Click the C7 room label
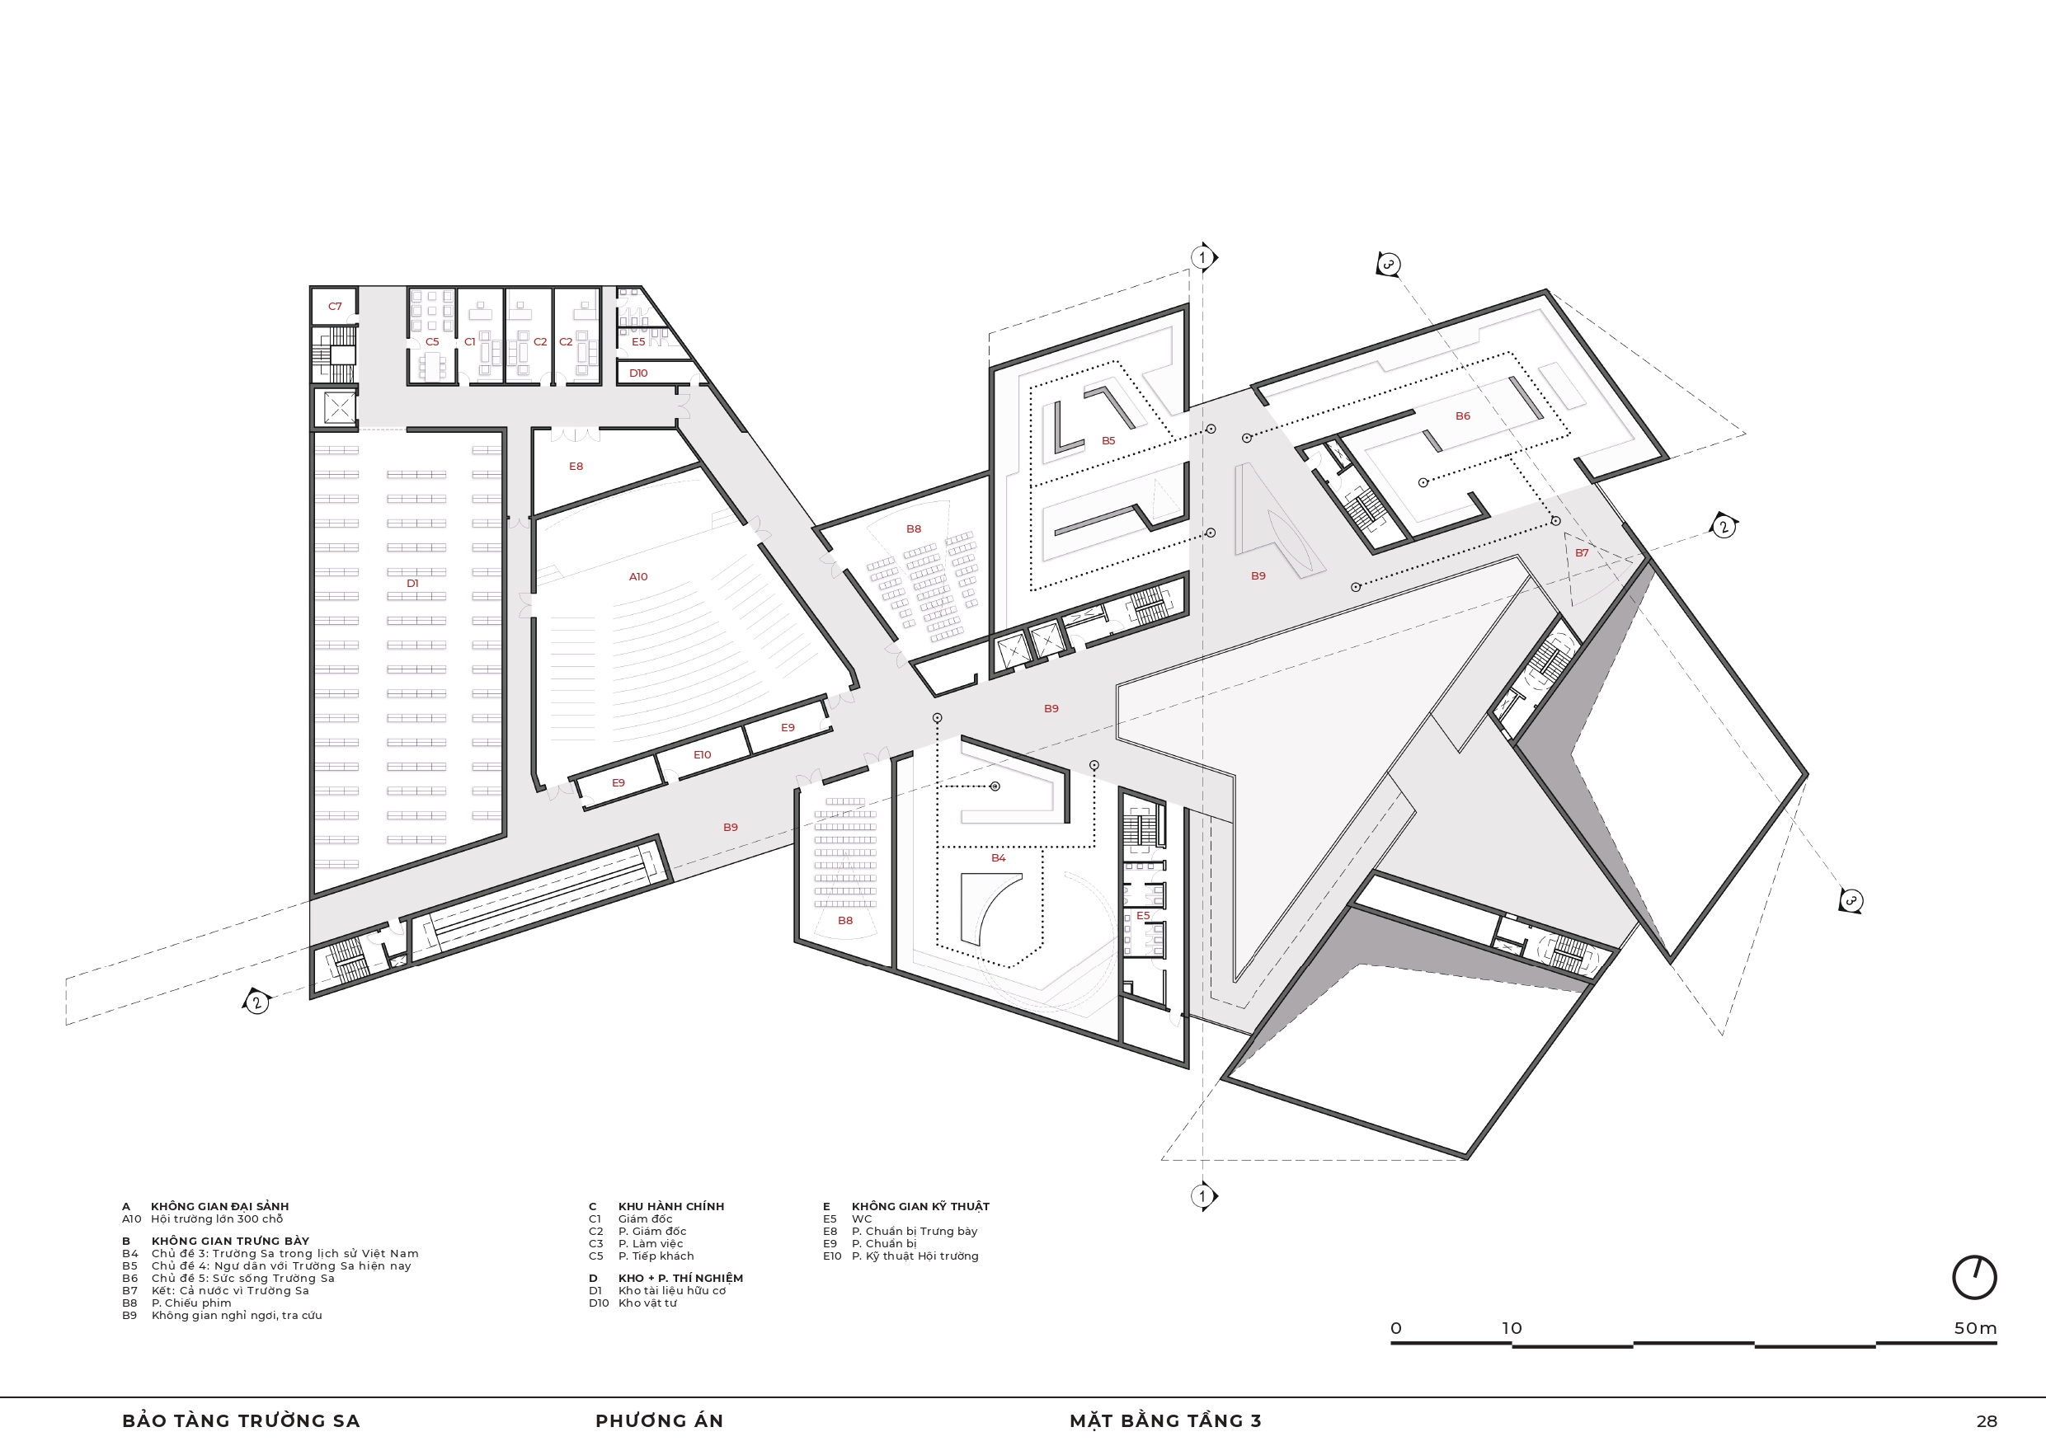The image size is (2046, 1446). tap(335, 307)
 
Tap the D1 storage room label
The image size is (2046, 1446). tap(412, 584)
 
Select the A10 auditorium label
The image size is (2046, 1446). tap(638, 576)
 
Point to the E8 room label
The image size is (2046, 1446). tap(576, 466)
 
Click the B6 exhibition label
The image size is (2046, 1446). tap(1462, 416)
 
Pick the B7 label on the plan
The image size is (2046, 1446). tap(1582, 553)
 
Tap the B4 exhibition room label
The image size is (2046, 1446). tap(998, 858)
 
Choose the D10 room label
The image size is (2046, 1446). tap(638, 373)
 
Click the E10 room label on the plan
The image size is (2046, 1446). tap(702, 754)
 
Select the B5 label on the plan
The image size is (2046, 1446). tap(1108, 441)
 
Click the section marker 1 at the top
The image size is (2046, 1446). tap(1203, 257)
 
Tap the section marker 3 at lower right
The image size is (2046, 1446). tap(1851, 901)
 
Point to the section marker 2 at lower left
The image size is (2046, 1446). tap(256, 1002)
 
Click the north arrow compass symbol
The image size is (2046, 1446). tap(1973, 1278)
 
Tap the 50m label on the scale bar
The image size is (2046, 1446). tap(1975, 1328)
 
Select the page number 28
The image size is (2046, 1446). tap(1987, 1422)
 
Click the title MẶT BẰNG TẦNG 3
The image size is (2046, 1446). tap(1165, 1421)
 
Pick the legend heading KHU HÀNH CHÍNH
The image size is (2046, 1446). tap(671, 1206)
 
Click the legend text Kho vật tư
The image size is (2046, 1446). tap(648, 1303)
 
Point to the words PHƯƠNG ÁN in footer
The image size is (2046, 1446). tap(660, 1421)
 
